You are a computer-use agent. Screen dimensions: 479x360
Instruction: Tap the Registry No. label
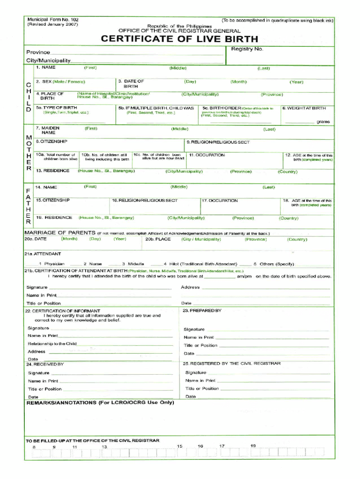tap(247, 49)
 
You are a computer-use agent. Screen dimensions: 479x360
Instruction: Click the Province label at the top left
tap(38, 52)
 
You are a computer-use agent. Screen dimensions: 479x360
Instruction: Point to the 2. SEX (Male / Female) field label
tap(60, 81)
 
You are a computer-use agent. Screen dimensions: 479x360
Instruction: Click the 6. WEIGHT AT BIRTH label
tap(307, 108)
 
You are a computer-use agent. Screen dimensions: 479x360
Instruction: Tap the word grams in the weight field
tap(323, 122)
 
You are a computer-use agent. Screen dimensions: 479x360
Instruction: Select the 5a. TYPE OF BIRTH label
tap(57, 108)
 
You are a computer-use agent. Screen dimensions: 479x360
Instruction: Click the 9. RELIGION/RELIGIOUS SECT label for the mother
tap(218, 142)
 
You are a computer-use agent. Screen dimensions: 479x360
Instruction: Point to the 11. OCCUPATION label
tap(207, 155)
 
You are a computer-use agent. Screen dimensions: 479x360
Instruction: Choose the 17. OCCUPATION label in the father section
tap(220, 201)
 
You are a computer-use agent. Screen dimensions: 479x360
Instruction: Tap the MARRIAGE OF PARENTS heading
tap(59, 233)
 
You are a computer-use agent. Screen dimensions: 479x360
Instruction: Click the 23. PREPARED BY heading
tap(202, 311)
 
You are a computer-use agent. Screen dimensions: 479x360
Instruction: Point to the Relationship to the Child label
tap(52, 344)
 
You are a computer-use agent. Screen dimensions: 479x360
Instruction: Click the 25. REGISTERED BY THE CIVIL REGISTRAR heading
tap(232, 363)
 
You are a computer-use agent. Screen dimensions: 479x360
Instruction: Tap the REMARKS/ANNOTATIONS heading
tap(100, 402)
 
